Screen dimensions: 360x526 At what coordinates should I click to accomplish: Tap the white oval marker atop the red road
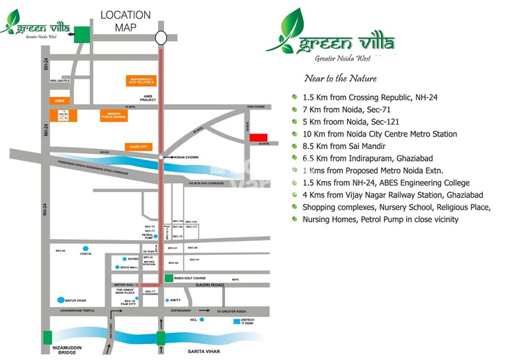coord(161,38)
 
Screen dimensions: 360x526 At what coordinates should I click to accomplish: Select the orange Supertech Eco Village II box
coord(144,81)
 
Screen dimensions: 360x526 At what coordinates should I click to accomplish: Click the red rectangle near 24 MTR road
coord(259,137)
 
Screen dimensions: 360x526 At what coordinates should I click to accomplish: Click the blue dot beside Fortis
coord(86,248)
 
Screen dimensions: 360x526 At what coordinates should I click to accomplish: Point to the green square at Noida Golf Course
coord(168,279)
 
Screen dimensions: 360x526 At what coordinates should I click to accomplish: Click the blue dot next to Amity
coord(168,300)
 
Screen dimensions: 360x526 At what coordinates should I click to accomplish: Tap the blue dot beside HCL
coord(201,320)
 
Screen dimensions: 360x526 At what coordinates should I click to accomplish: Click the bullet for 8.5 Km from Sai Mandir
coord(295,146)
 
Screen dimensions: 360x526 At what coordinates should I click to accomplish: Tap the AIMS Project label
coord(148,99)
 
